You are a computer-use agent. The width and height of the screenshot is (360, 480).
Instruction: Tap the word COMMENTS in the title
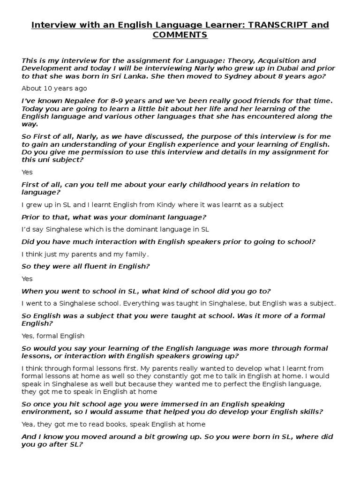[x=180, y=35]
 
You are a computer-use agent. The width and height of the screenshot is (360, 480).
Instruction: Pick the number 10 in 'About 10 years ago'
[x=48, y=88]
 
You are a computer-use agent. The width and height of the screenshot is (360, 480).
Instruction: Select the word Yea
[x=28, y=424]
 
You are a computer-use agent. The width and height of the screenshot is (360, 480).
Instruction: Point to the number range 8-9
[x=105, y=101]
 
